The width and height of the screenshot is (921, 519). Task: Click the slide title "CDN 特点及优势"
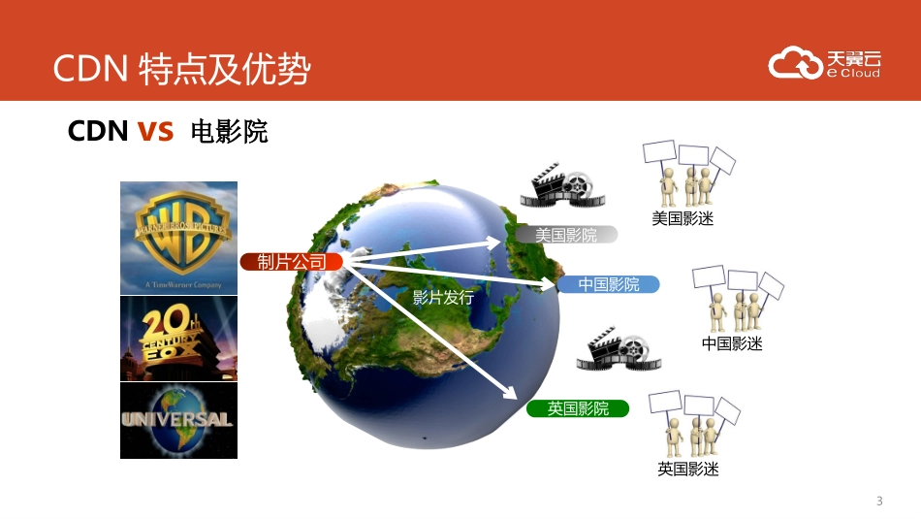pos(181,69)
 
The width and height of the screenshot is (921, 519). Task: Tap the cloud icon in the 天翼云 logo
pos(795,63)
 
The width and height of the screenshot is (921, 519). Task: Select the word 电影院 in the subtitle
pos(230,132)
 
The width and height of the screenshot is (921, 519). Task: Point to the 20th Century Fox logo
pos(178,339)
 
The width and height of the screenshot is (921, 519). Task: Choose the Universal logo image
pos(178,420)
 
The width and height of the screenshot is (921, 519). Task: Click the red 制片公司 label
pos(292,262)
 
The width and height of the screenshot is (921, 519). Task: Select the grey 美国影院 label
pos(566,235)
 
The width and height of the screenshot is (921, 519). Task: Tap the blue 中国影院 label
pos(609,284)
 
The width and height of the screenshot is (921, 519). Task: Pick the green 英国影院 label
pos(578,408)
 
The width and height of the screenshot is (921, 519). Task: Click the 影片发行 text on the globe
pos(443,298)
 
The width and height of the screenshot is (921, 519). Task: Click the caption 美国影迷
pos(682,219)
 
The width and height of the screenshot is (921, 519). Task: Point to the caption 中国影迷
pos(732,343)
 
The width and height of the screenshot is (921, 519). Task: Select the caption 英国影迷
pos(688,470)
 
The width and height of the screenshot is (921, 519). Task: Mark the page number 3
pos(879,502)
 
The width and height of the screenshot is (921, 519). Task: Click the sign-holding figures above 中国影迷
pos(736,297)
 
